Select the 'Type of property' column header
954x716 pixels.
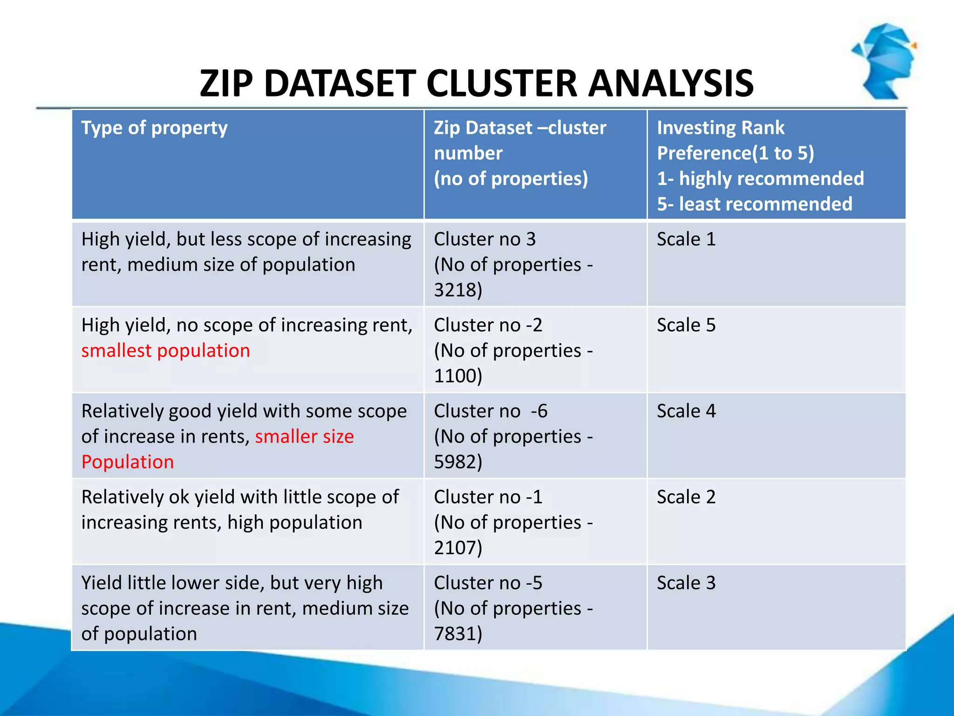pos(154,128)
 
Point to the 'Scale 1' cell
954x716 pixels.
pos(686,239)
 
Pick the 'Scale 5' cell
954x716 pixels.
pos(686,325)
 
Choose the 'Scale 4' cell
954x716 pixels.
pos(686,411)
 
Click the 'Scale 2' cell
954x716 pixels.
pos(686,497)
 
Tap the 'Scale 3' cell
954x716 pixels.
pos(686,583)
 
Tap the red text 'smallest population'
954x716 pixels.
pos(165,351)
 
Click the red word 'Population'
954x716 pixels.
pos(128,462)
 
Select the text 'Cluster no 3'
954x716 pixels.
pos(484,239)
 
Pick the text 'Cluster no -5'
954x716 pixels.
pos(488,583)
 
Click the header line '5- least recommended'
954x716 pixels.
pos(754,204)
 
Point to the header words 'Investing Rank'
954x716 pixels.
pos(720,128)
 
